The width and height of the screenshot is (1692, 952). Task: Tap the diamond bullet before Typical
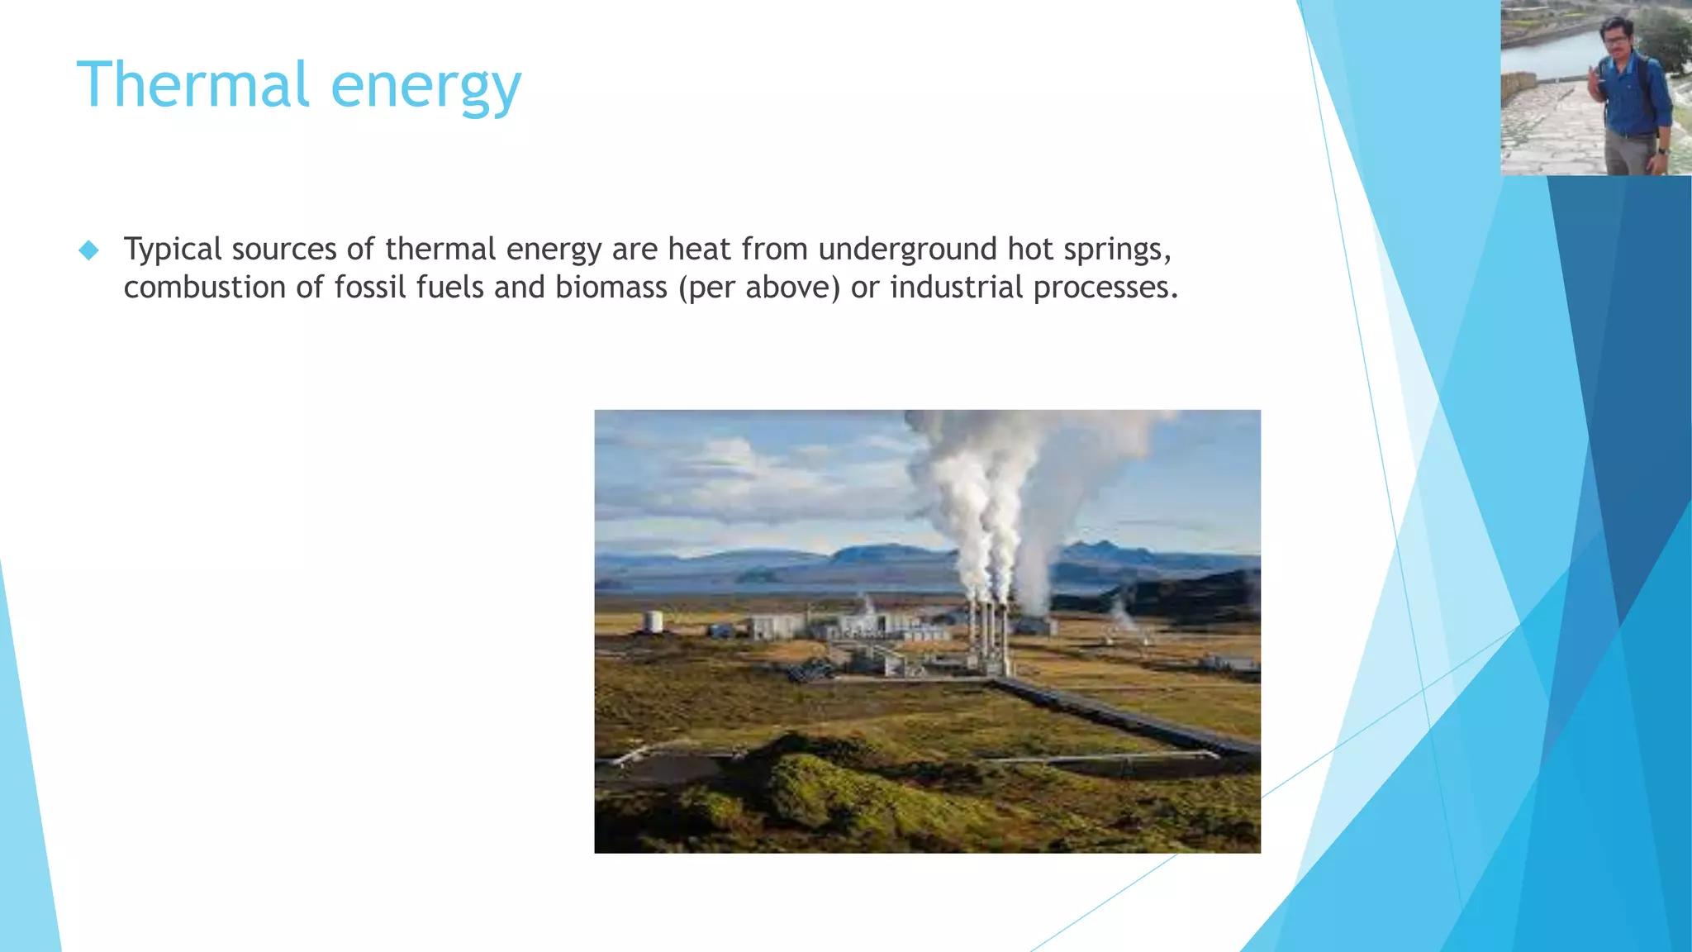tap(88, 250)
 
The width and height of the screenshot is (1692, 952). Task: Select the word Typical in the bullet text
tap(173, 250)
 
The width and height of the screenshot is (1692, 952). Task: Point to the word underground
tap(907, 250)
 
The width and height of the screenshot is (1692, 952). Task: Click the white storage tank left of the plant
tap(654, 621)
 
